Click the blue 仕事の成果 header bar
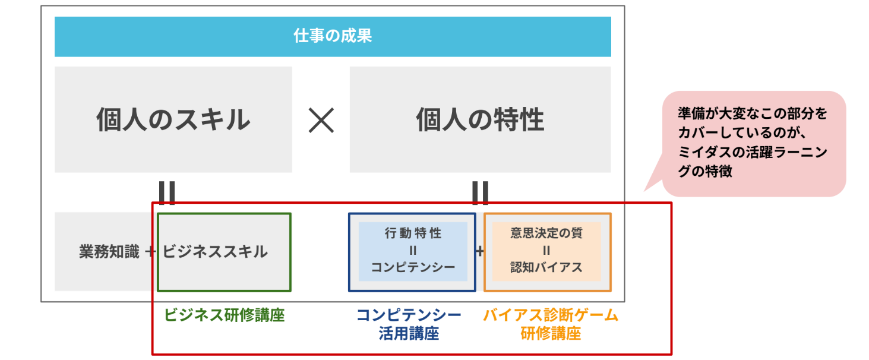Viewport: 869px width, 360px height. click(333, 36)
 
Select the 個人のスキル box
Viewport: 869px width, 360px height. click(173, 119)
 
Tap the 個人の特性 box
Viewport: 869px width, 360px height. click(480, 119)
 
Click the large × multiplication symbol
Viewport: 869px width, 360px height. click(321, 121)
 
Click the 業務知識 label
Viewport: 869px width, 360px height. click(109, 252)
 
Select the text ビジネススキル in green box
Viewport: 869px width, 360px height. click(215, 252)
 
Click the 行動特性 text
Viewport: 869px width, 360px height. click(413, 233)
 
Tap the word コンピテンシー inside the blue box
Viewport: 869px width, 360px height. click(413, 267)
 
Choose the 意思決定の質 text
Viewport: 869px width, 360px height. click(546, 233)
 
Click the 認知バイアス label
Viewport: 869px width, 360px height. click(546, 267)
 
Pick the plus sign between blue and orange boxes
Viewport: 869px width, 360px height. click(479, 251)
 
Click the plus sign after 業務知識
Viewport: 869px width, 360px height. click(150, 252)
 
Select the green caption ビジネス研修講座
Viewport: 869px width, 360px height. click(225, 315)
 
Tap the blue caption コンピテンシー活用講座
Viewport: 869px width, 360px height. click(409, 324)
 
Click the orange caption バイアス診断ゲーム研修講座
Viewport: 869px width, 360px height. click(550, 324)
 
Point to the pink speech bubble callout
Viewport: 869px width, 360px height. click(753, 143)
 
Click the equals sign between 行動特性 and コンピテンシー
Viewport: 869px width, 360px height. click(413, 250)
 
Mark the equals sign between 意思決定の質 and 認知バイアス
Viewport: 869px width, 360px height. click(546, 250)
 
